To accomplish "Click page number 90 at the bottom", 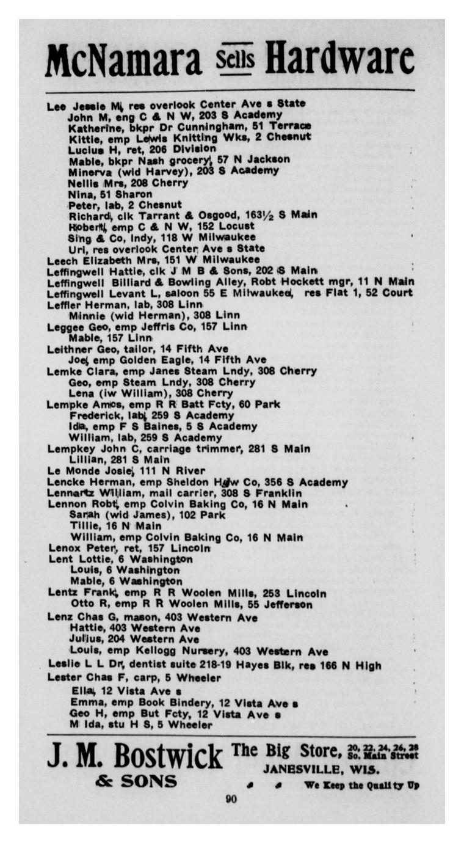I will tap(231, 798).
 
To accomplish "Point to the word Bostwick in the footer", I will tap(169, 756).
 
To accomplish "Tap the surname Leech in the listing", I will tap(62, 260).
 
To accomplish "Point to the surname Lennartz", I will tap(71, 494).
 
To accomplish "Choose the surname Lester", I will tap(63, 677).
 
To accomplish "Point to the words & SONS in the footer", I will tap(136, 782).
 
